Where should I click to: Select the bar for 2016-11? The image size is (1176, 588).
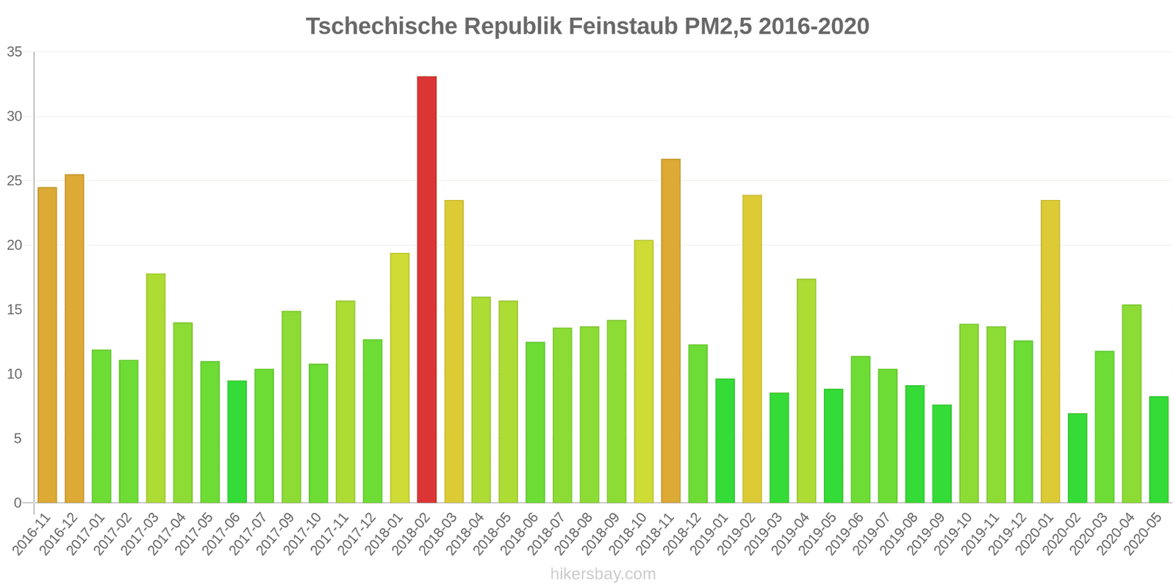pos(47,345)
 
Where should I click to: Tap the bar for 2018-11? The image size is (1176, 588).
pos(670,331)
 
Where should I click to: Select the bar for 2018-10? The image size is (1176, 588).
pos(643,371)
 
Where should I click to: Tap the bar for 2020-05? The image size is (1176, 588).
pos(1158,450)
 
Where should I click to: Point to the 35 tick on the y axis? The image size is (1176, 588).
pos(15,52)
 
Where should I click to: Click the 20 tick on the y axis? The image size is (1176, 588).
pos(15,245)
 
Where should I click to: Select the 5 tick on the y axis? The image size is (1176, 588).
pos(18,439)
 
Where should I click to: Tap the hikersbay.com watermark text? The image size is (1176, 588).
pos(603,574)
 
